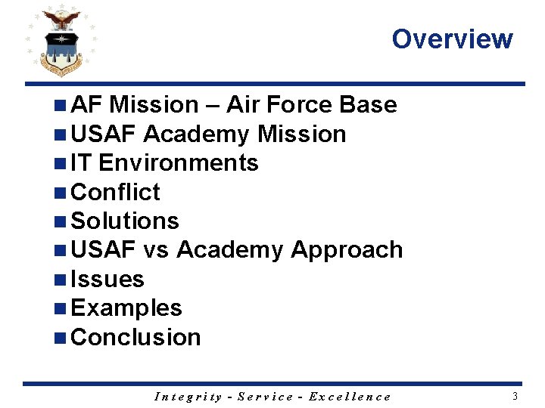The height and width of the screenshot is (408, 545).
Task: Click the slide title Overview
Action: [452, 39]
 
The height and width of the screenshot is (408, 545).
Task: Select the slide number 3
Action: [515, 396]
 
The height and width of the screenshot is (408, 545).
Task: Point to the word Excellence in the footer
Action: [351, 397]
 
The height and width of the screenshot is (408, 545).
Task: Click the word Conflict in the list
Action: [114, 192]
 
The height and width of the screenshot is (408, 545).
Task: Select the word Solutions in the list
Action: [124, 221]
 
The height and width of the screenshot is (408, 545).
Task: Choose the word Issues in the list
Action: [107, 279]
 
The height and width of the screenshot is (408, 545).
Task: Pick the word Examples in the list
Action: [126, 308]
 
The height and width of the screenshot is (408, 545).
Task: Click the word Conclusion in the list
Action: [135, 337]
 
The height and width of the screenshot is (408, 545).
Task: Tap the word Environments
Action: [179, 163]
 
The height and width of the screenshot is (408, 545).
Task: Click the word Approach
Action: [347, 250]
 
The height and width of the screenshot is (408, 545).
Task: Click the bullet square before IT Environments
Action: [61, 163]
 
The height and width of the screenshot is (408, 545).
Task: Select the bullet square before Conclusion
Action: [61, 338]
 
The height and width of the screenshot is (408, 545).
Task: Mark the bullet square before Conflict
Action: [61, 193]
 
